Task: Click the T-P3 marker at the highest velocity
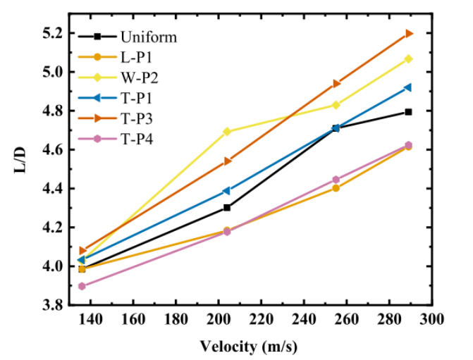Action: tap(409, 33)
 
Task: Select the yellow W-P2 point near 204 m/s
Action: tap(227, 132)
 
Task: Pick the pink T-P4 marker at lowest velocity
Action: tap(82, 286)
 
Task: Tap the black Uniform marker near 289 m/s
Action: tap(409, 112)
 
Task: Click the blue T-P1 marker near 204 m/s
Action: tap(227, 191)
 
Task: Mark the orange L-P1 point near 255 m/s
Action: tap(336, 188)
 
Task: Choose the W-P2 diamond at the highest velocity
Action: tap(409, 58)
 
